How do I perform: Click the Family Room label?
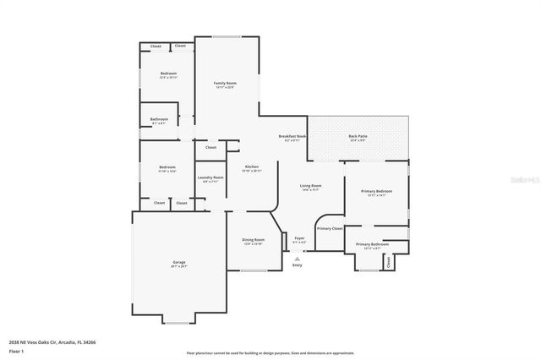(x=224, y=83)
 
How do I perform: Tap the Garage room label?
(x=179, y=263)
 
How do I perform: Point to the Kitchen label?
(x=252, y=167)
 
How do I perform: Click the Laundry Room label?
(x=210, y=177)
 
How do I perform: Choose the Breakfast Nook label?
(x=292, y=137)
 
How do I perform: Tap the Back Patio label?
(x=358, y=136)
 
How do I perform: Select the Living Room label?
(x=310, y=186)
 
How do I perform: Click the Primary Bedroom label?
(x=376, y=192)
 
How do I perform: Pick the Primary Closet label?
(x=330, y=228)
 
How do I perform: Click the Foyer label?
(x=299, y=238)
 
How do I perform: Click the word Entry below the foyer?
(x=297, y=265)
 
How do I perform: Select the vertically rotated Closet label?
(x=389, y=262)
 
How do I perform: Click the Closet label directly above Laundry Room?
(x=210, y=147)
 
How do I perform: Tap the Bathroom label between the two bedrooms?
(x=159, y=119)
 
